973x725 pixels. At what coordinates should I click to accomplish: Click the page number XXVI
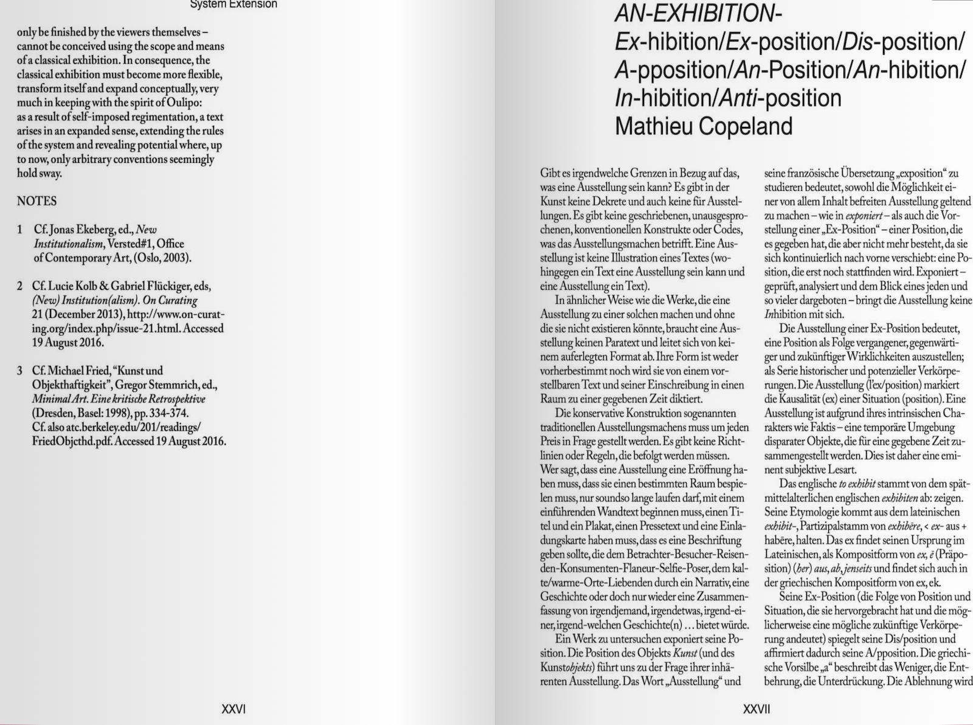coord(233,709)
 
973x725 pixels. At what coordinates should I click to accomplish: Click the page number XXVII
coord(757,709)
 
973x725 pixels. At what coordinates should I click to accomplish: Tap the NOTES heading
coord(36,201)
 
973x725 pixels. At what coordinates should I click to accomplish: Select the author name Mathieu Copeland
coord(704,126)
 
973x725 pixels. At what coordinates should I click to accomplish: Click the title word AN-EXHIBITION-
coord(698,13)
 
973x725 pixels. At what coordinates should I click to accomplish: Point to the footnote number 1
coord(20,230)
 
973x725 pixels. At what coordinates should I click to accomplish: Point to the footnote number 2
coord(20,286)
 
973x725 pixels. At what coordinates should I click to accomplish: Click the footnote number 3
coord(20,371)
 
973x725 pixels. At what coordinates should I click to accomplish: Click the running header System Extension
coord(234,4)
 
